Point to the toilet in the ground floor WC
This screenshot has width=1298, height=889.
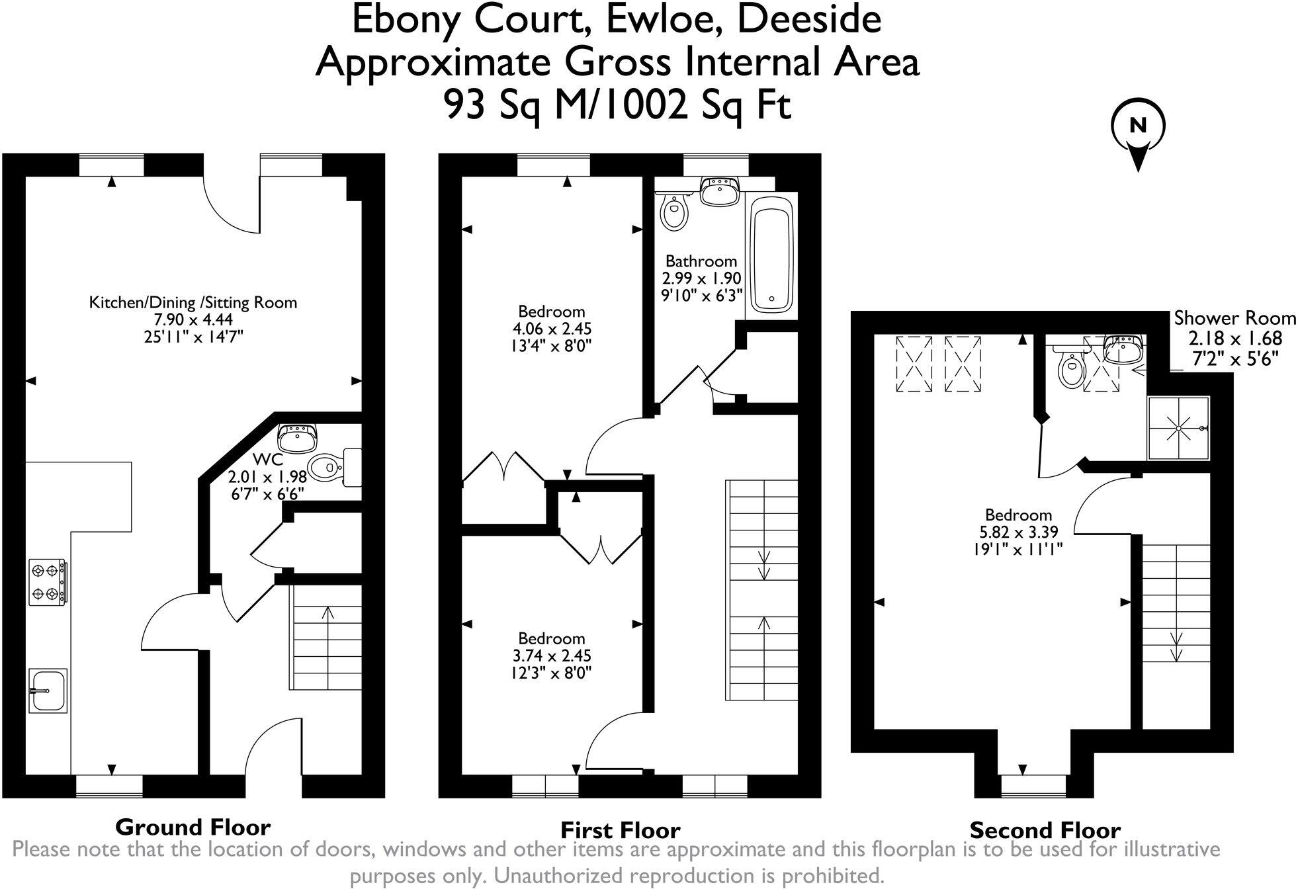click(x=334, y=464)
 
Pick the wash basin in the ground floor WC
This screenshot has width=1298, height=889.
click(x=298, y=438)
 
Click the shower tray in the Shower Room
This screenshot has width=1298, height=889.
click(x=1179, y=428)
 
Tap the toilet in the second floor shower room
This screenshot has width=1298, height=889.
click(x=1070, y=368)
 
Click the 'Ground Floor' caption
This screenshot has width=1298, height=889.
click(x=193, y=827)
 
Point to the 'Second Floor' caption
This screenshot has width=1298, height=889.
click(x=1045, y=829)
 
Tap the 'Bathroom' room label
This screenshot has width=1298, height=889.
click(x=701, y=261)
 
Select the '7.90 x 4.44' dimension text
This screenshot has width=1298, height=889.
click(x=193, y=320)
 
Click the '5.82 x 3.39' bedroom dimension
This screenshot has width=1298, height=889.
click(x=1018, y=532)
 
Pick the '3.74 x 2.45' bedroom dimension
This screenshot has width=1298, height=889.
click(x=551, y=656)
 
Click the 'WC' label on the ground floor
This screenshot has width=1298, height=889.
click(x=268, y=460)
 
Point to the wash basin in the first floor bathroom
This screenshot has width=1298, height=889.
click(x=720, y=191)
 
